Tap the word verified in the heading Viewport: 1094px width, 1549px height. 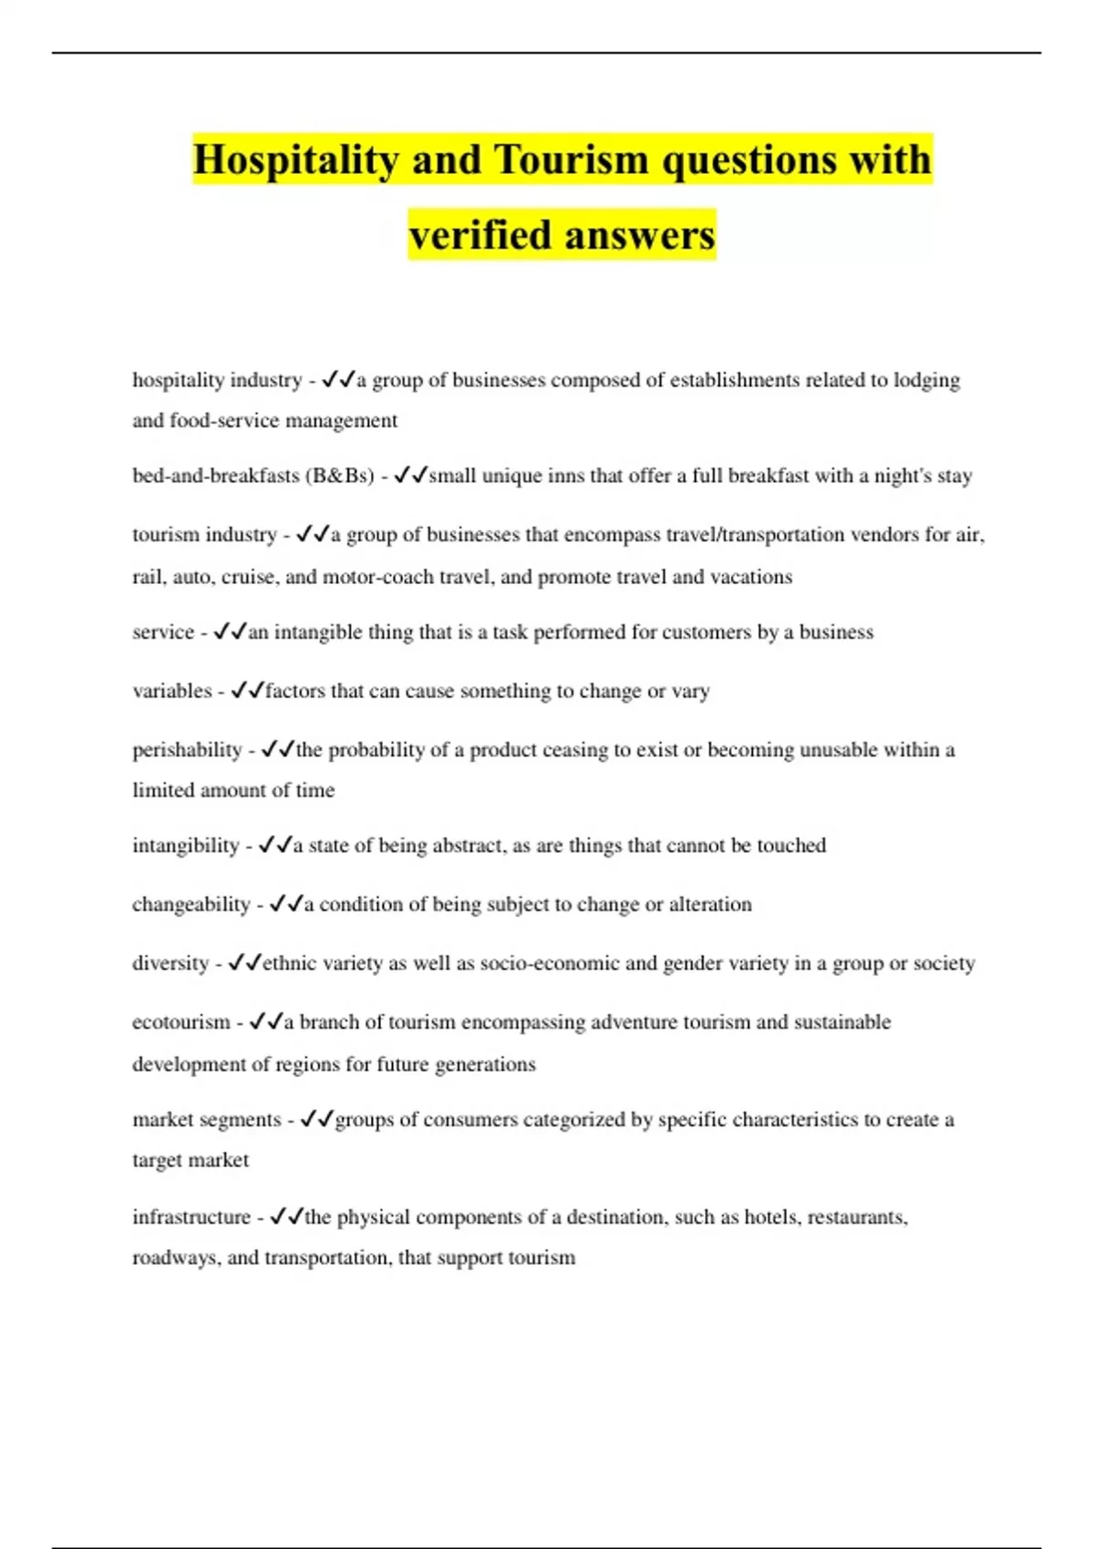point(480,234)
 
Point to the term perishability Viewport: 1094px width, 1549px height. point(187,750)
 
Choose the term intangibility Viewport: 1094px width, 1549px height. point(185,846)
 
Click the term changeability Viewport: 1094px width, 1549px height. point(191,905)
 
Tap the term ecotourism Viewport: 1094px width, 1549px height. point(181,1022)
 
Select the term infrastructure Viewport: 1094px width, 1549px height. point(191,1217)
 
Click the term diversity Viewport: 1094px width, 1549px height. point(170,963)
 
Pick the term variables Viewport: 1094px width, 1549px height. point(171,691)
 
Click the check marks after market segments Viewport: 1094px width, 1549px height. point(316,1119)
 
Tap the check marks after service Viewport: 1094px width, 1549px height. point(230,631)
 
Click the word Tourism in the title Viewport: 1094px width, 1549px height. point(571,159)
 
